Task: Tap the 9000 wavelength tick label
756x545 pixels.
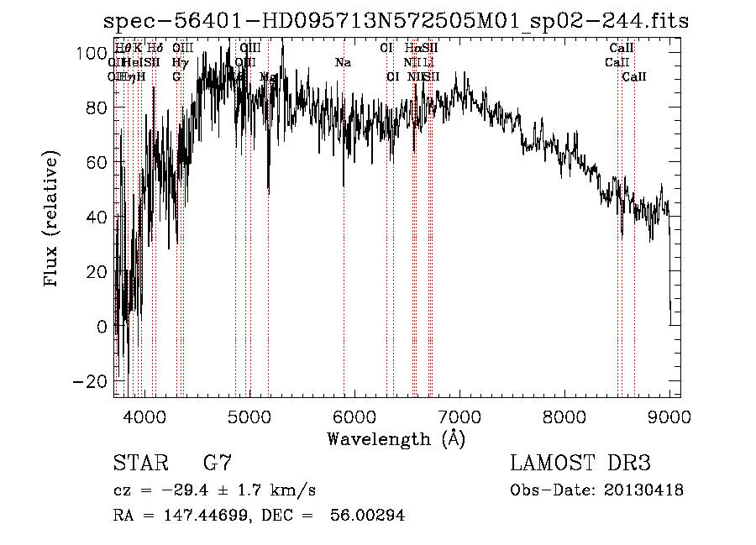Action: click(669, 416)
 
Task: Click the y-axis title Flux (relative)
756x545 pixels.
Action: click(53, 218)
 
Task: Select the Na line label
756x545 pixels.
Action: click(343, 62)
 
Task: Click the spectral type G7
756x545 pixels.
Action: click(217, 464)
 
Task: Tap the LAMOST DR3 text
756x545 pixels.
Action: click(580, 464)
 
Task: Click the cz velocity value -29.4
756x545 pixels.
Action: click(172, 490)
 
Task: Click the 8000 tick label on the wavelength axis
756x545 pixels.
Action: click(564, 416)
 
